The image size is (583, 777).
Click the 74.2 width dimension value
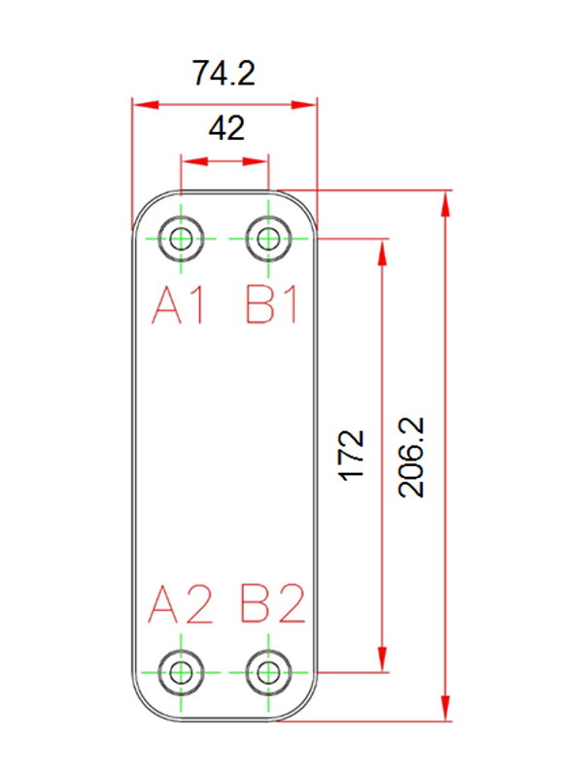pyautogui.click(x=223, y=73)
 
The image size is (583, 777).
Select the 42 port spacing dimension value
pyautogui.click(x=226, y=128)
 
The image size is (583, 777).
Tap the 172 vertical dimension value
pyautogui.click(x=351, y=456)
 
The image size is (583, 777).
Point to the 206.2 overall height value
pyautogui.click(x=411, y=457)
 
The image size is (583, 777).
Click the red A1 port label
pyautogui.click(x=179, y=306)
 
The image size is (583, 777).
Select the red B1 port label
pyautogui.click(x=272, y=306)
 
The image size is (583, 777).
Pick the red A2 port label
pyautogui.click(x=181, y=603)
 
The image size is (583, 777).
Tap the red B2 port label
pyautogui.click(x=273, y=603)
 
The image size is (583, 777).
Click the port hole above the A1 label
pyautogui.click(x=181, y=239)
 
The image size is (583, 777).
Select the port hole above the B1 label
pyautogui.click(x=268, y=239)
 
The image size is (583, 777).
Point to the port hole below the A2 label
pyautogui.click(x=181, y=673)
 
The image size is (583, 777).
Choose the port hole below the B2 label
pyautogui.click(x=268, y=673)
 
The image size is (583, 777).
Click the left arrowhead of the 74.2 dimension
pyautogui.click(x=146, y=105)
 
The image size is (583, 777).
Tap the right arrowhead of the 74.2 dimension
pyautogui.click(x=303, y=105)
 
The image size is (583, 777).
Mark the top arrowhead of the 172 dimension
pyautogui.click(x=382, y=253)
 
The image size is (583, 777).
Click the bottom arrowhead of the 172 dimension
pyautogui.click(x=382, y=659)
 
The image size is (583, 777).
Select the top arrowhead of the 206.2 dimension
pyautogui.click(x=446, y=204)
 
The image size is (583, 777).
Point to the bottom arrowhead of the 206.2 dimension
pyautogui.click(x=446, y=708)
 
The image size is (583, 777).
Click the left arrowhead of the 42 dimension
pyautogui.click(x=194, y=161)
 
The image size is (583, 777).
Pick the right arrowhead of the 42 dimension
pyautogui.click(x=255, y=161)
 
